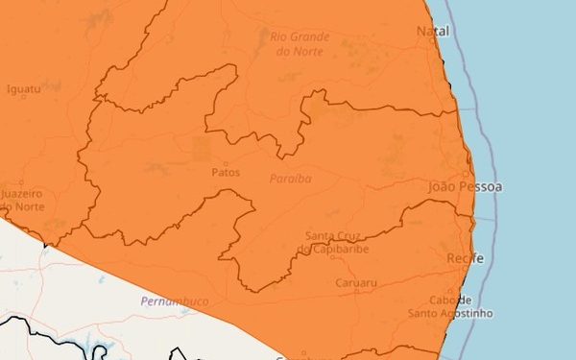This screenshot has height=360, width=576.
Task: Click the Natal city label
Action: point(433,32)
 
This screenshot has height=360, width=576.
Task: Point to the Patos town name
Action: point(224,173)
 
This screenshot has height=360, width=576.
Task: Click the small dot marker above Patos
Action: point(227,162)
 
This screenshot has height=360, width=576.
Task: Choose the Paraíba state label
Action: point(290,179)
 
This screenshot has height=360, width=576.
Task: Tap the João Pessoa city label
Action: point(466,186)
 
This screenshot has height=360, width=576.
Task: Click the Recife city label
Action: point(465,260)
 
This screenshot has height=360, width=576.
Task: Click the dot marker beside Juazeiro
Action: point(20,182)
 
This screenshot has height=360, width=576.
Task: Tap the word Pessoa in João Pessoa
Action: point(481,186)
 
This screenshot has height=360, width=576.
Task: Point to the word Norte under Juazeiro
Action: point(29,207)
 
